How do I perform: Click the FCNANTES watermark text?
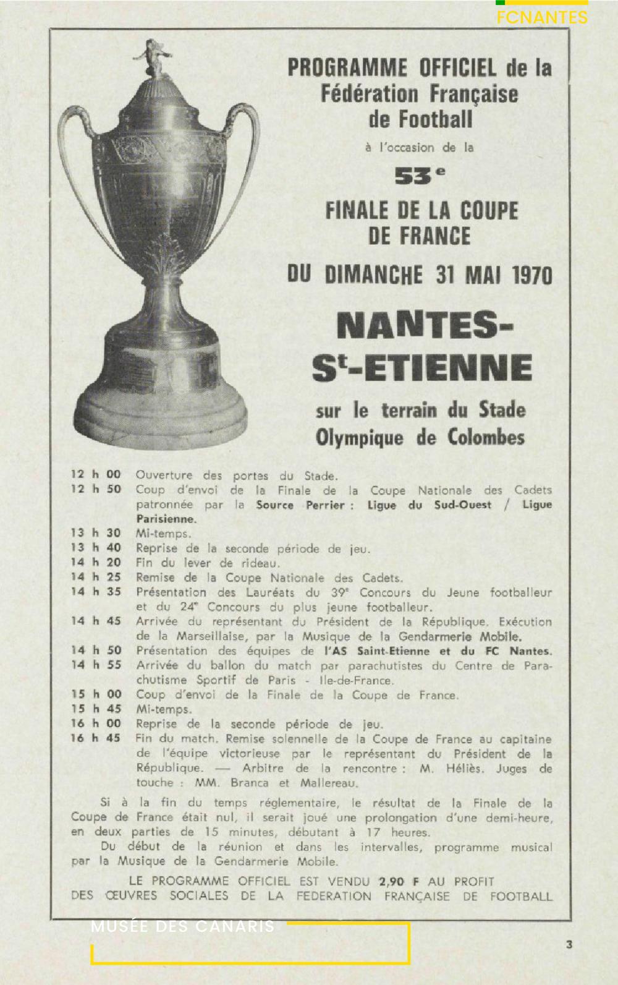(x=542, y=17)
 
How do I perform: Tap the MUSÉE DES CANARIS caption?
(x=182, y=927)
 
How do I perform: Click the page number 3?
(x=569, y=944)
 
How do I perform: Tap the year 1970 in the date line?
(x=532, y=275)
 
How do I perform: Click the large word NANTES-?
(x=425, y=326)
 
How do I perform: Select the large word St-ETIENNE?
(x=422, y=368)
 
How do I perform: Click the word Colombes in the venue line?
(x=486, y=438)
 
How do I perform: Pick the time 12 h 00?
(x=96, y=474)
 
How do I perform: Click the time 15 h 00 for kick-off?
(x=96, y=694)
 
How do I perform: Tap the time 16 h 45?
(x=96, y=738)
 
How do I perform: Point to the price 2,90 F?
(x=399, y=882)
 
